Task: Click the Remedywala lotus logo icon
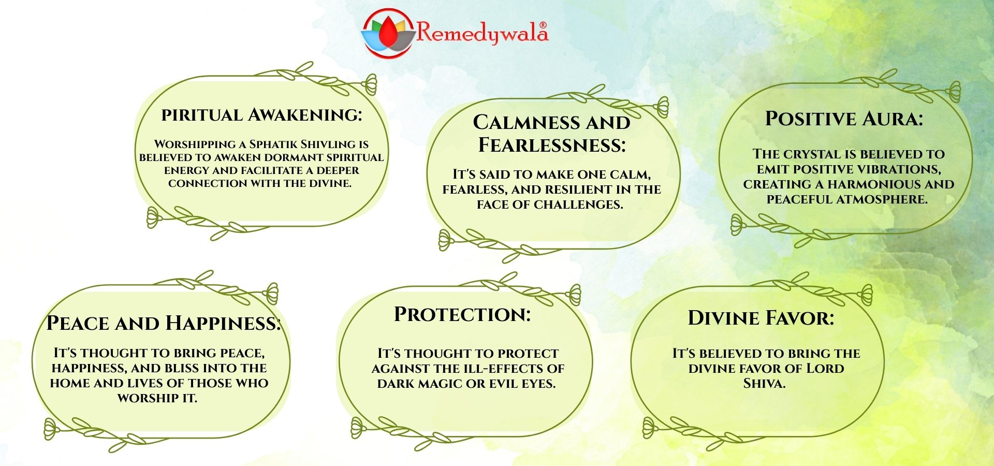coord(388,33)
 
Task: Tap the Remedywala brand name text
coord(482,33)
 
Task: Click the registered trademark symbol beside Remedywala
coord(543,25)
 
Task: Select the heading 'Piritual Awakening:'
coord(261,114)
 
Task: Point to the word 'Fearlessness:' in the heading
coord(552,145)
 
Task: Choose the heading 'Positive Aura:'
coord(844,119)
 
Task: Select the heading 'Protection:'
coord(462,314)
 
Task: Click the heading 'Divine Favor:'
coord(761,318)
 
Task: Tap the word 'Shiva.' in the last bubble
coord(764,384)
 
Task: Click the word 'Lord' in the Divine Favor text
coord(826,369)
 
